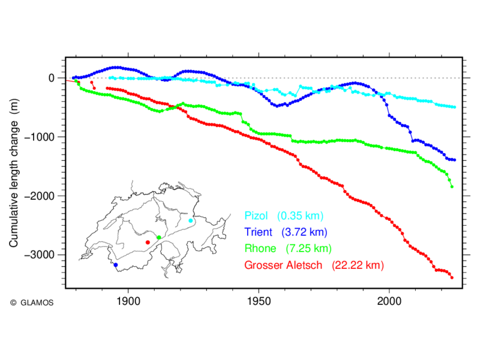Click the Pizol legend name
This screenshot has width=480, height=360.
[x=256, y=216]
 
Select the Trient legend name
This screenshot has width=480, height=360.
[x=258, y=232]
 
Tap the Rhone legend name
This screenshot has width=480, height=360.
[x=260, y=248]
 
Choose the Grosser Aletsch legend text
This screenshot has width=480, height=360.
[x=283, y=265]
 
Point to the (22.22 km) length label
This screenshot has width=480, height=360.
[x=358, y=265]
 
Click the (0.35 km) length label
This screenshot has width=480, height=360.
[x=301, y=216]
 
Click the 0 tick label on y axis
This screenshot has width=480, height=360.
[x=52, y=78]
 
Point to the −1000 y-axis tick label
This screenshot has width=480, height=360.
[x=39, y=137]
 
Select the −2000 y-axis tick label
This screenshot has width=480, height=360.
[x=39, y=196]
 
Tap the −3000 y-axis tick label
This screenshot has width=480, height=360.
[x=39, y=254]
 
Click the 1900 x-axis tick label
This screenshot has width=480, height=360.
[x=128, y=301]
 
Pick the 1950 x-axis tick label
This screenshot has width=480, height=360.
[x=259, y=301]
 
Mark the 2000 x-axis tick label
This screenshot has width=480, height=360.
[x=389, y=301]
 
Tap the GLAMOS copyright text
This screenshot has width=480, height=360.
[x=32, y=303]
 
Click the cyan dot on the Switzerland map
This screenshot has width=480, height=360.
[x=191, y=221]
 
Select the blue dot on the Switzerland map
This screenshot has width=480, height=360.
[x=115, y=265]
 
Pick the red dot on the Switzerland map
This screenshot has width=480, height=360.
[x=148, y=242]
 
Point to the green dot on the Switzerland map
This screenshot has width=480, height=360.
[x=159, y=238]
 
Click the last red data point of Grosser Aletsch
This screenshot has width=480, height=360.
[x=452, y=278]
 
